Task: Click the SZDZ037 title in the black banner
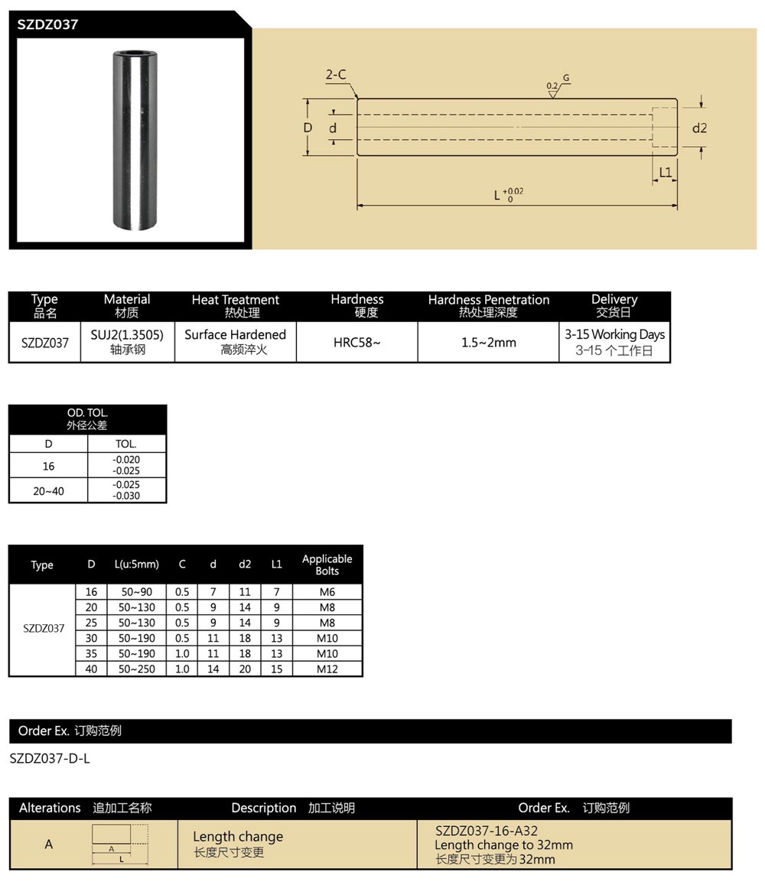[x=48, y=24]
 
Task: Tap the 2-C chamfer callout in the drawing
[x=336, y=75]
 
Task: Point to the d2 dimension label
[x=699, y=128]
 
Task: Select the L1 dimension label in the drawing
[x=665, y=172]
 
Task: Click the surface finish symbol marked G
[x=558, y=86]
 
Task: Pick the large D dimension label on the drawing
[x=308, y=128]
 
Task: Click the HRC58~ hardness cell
[x=356, y=343]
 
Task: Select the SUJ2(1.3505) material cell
[x=127, y=342]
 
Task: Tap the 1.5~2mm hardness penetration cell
[x=488, y=343]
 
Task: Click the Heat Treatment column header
[x=235, y=306]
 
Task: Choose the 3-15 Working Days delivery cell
[x=614, y=342]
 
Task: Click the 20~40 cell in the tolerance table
[x=48, y=491]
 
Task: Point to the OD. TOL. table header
[x=87, y=418]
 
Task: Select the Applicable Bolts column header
[x=327, y=565]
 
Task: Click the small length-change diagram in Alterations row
[x=120, y=845]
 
